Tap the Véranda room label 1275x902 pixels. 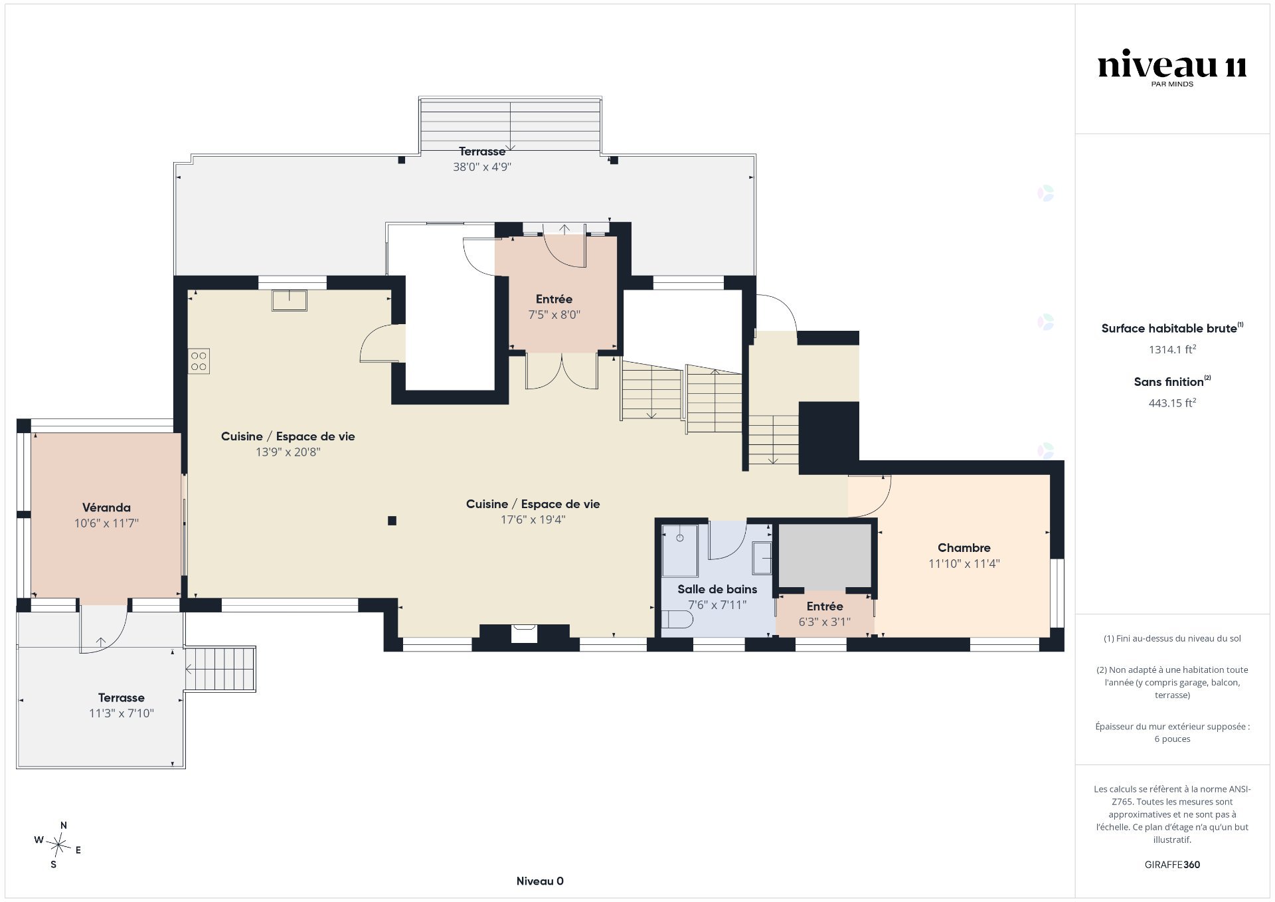click(x=106, y=507)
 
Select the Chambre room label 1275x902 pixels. click(x=964, y=548)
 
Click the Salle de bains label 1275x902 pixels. click(x=717, y=589)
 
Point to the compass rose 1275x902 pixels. click(x=59, y=846)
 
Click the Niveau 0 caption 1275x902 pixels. click(x=540, y=881)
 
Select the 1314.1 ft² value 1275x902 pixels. click(x=1172, y=349)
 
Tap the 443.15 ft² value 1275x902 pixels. click(x=1172, y=403)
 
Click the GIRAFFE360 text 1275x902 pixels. click(x=1172, y=865)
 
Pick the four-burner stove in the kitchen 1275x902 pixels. click(x=199, y=361)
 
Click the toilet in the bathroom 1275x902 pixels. click(x=677, y=620)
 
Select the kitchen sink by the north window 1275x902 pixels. click(x=289, y=300)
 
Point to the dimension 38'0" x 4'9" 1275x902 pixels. click(x=482, y=167)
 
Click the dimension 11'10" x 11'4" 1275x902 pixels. click(x=964, y=564)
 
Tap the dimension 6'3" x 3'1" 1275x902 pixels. click(x=824, y=622)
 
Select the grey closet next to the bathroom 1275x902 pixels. click(x=824, y=556)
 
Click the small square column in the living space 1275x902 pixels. click(x=392, y=521)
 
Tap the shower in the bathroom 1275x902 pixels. click(x=679, y=551)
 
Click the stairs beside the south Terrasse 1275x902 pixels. click(x=220, y=669)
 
